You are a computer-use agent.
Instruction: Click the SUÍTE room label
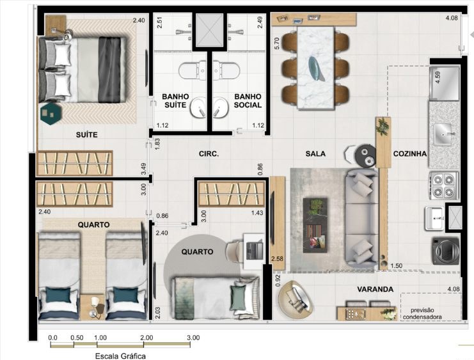(87, 135)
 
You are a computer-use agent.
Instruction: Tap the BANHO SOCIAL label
(248, 100)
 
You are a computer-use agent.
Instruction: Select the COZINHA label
(410, 154)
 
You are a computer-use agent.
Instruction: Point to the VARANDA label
(375, 289)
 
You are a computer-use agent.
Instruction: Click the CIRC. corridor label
(209, 154)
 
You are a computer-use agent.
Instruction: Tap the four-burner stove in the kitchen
(443, 185)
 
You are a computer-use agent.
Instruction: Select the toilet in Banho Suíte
(193, 71)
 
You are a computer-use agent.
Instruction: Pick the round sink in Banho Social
(221, 107)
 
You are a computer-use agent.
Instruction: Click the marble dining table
(316, 68)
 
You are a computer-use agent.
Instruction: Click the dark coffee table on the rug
(315, 225)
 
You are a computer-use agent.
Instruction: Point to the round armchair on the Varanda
(296, 300)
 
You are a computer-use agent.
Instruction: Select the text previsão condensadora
(422, 314)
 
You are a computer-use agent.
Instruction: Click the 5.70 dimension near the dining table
(276, 43)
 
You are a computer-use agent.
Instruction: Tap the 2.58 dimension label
(277, 259)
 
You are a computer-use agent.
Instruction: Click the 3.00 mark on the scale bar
(193, 338)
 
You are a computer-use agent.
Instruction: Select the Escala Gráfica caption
(120, 356)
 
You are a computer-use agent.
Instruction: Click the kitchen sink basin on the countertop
(443, 135)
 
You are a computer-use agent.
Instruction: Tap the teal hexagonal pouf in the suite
(51, 114)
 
